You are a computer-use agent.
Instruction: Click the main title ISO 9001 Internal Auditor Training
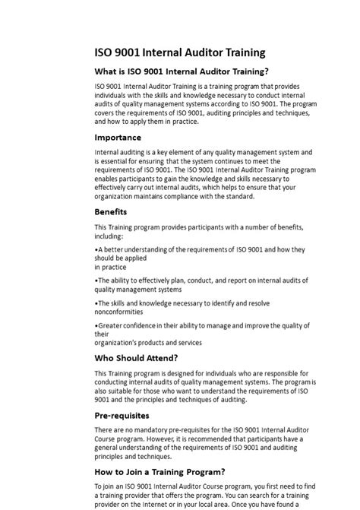click(x=179, y=52)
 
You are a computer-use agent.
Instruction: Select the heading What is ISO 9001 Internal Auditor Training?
click(x=182, y=71)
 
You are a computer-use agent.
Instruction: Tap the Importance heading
click(x=118, y=138)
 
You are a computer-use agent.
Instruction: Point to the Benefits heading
click(x=111, y=211)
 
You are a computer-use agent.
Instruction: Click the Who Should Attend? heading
click(x=136, y=357)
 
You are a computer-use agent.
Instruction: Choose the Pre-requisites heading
click(x=122, y=416)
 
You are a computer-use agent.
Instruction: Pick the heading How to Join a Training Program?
click(x=159, y=471)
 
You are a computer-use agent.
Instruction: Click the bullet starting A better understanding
click(x=199, y=249)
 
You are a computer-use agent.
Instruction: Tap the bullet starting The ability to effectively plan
click(x=201, y=280)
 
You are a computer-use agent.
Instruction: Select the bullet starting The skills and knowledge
click(x=182, y=303)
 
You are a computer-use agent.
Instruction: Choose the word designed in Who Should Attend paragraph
click(x=181, y=373)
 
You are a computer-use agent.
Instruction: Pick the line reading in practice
click(x=111, y=267)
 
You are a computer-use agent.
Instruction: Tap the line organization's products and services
click(x=148, y=342)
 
